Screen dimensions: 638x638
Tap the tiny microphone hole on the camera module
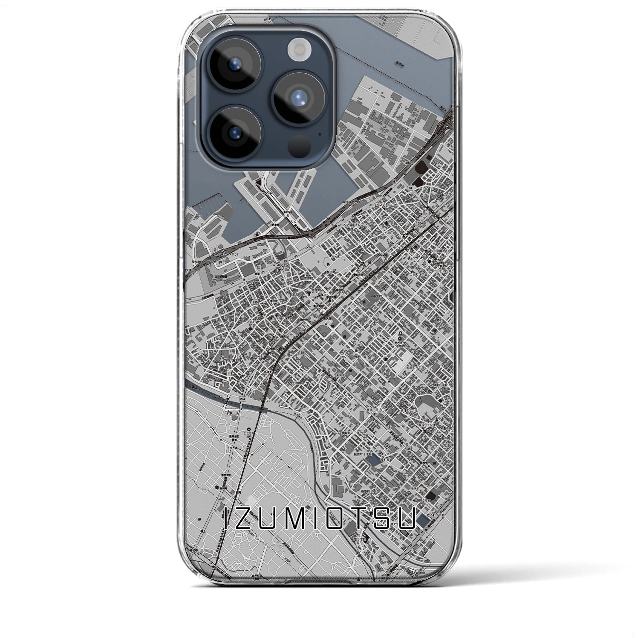click(x=319, y=134)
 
